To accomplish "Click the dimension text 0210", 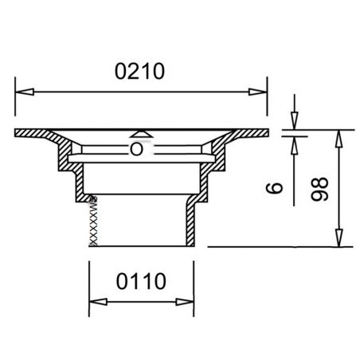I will pos(139,71).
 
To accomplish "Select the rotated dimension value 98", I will pos(320,189).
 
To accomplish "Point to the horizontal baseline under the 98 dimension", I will pos(279,247).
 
